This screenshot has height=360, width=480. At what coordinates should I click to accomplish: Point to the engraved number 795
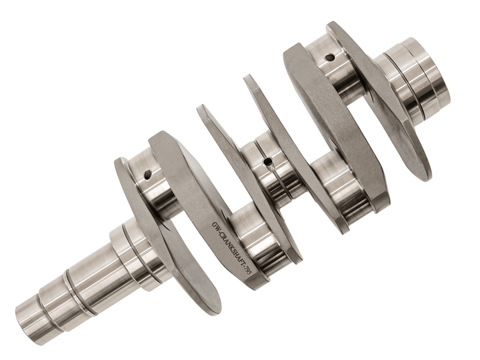[x=247, y=271]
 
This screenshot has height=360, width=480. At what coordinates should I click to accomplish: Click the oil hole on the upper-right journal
[x=329, y=56]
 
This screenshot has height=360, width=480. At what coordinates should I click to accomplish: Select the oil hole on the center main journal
[x=268, y=161]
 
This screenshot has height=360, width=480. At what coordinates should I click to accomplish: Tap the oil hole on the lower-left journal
[x=148, y=175]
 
